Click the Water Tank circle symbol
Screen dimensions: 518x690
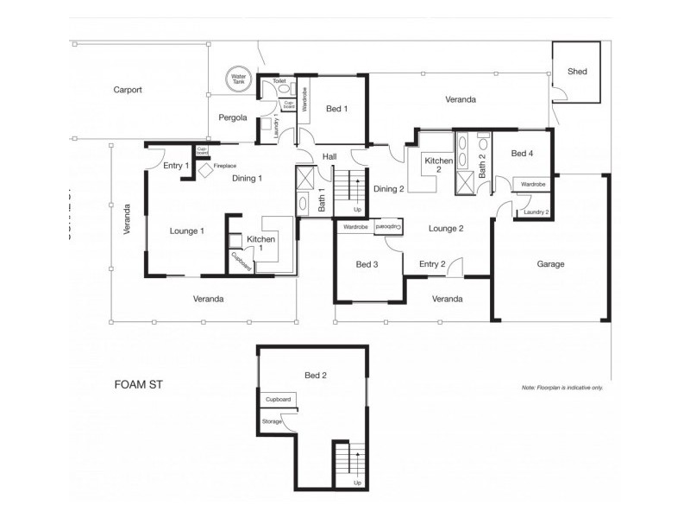[x=237, y=79]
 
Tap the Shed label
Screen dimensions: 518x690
[x=577, y=72]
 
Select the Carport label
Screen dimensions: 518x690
[x=127, y=90]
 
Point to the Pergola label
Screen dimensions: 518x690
[x=233, y=117]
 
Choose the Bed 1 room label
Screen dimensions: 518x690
[x=336, y=109]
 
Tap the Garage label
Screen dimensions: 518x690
[x=550, y=264]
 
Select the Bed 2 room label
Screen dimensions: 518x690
[x=315, y=376]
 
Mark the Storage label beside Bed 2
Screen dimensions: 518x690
[x=273, y=420]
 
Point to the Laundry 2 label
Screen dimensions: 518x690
[x=536, y=212]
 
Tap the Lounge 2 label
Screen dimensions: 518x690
[x=447, y=229]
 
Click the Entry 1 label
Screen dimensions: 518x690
[x=176, y=165]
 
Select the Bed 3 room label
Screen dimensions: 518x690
[x=367, y=264]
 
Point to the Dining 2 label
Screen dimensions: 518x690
[x=389, y=189]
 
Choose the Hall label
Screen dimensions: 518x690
[x=329, y=156]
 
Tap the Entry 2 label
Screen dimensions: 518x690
[x=432, y=264]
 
